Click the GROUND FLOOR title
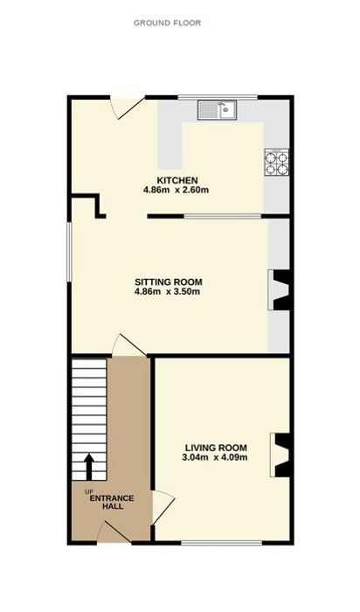(x=167, y=23)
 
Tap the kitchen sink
(x=217, y=109)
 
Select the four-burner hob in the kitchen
(x=276, y=162)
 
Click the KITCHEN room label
(x=177, y=181)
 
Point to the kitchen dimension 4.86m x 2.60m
(x=177, y=191)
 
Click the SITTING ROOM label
(x=169, y=282)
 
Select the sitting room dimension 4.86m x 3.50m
(x=167, y=291)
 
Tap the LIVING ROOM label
(x=216, y=448)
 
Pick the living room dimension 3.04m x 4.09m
(x=215, y=457)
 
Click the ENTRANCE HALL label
(x=112, y=503)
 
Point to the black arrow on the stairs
(x=89, y=467)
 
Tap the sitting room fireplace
(x=279, y=290)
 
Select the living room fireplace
(x=280, y=456)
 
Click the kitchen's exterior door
(x=128, y=108)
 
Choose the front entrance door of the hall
(x=114, y=532)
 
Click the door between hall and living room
(x=163, y=507)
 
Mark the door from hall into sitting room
(x=129, y=345)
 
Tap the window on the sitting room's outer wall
(x=69, y=252)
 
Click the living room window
(x=222, y=543)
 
